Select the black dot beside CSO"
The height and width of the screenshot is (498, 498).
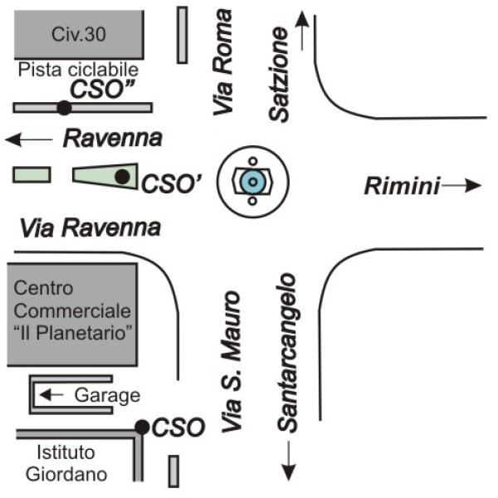[63, 107]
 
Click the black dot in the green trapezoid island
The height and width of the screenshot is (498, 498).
[122, 176]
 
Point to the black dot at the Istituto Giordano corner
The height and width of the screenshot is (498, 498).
[142, 427]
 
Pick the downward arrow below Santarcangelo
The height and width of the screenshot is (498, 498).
[289, 461]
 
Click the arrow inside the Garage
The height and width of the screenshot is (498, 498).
[52, 394]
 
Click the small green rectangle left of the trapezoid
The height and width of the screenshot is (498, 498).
[32, 174]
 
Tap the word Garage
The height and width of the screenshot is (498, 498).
[106, 395]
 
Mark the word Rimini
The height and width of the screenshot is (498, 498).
[402, 187]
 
